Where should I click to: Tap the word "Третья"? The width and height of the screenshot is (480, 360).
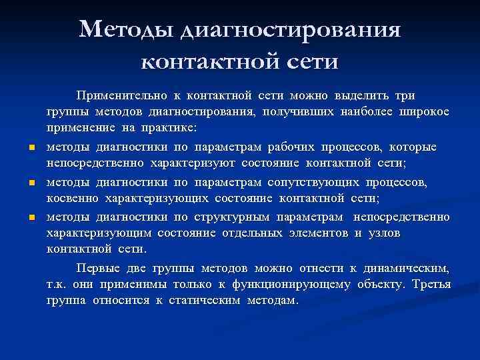point(431,285)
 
